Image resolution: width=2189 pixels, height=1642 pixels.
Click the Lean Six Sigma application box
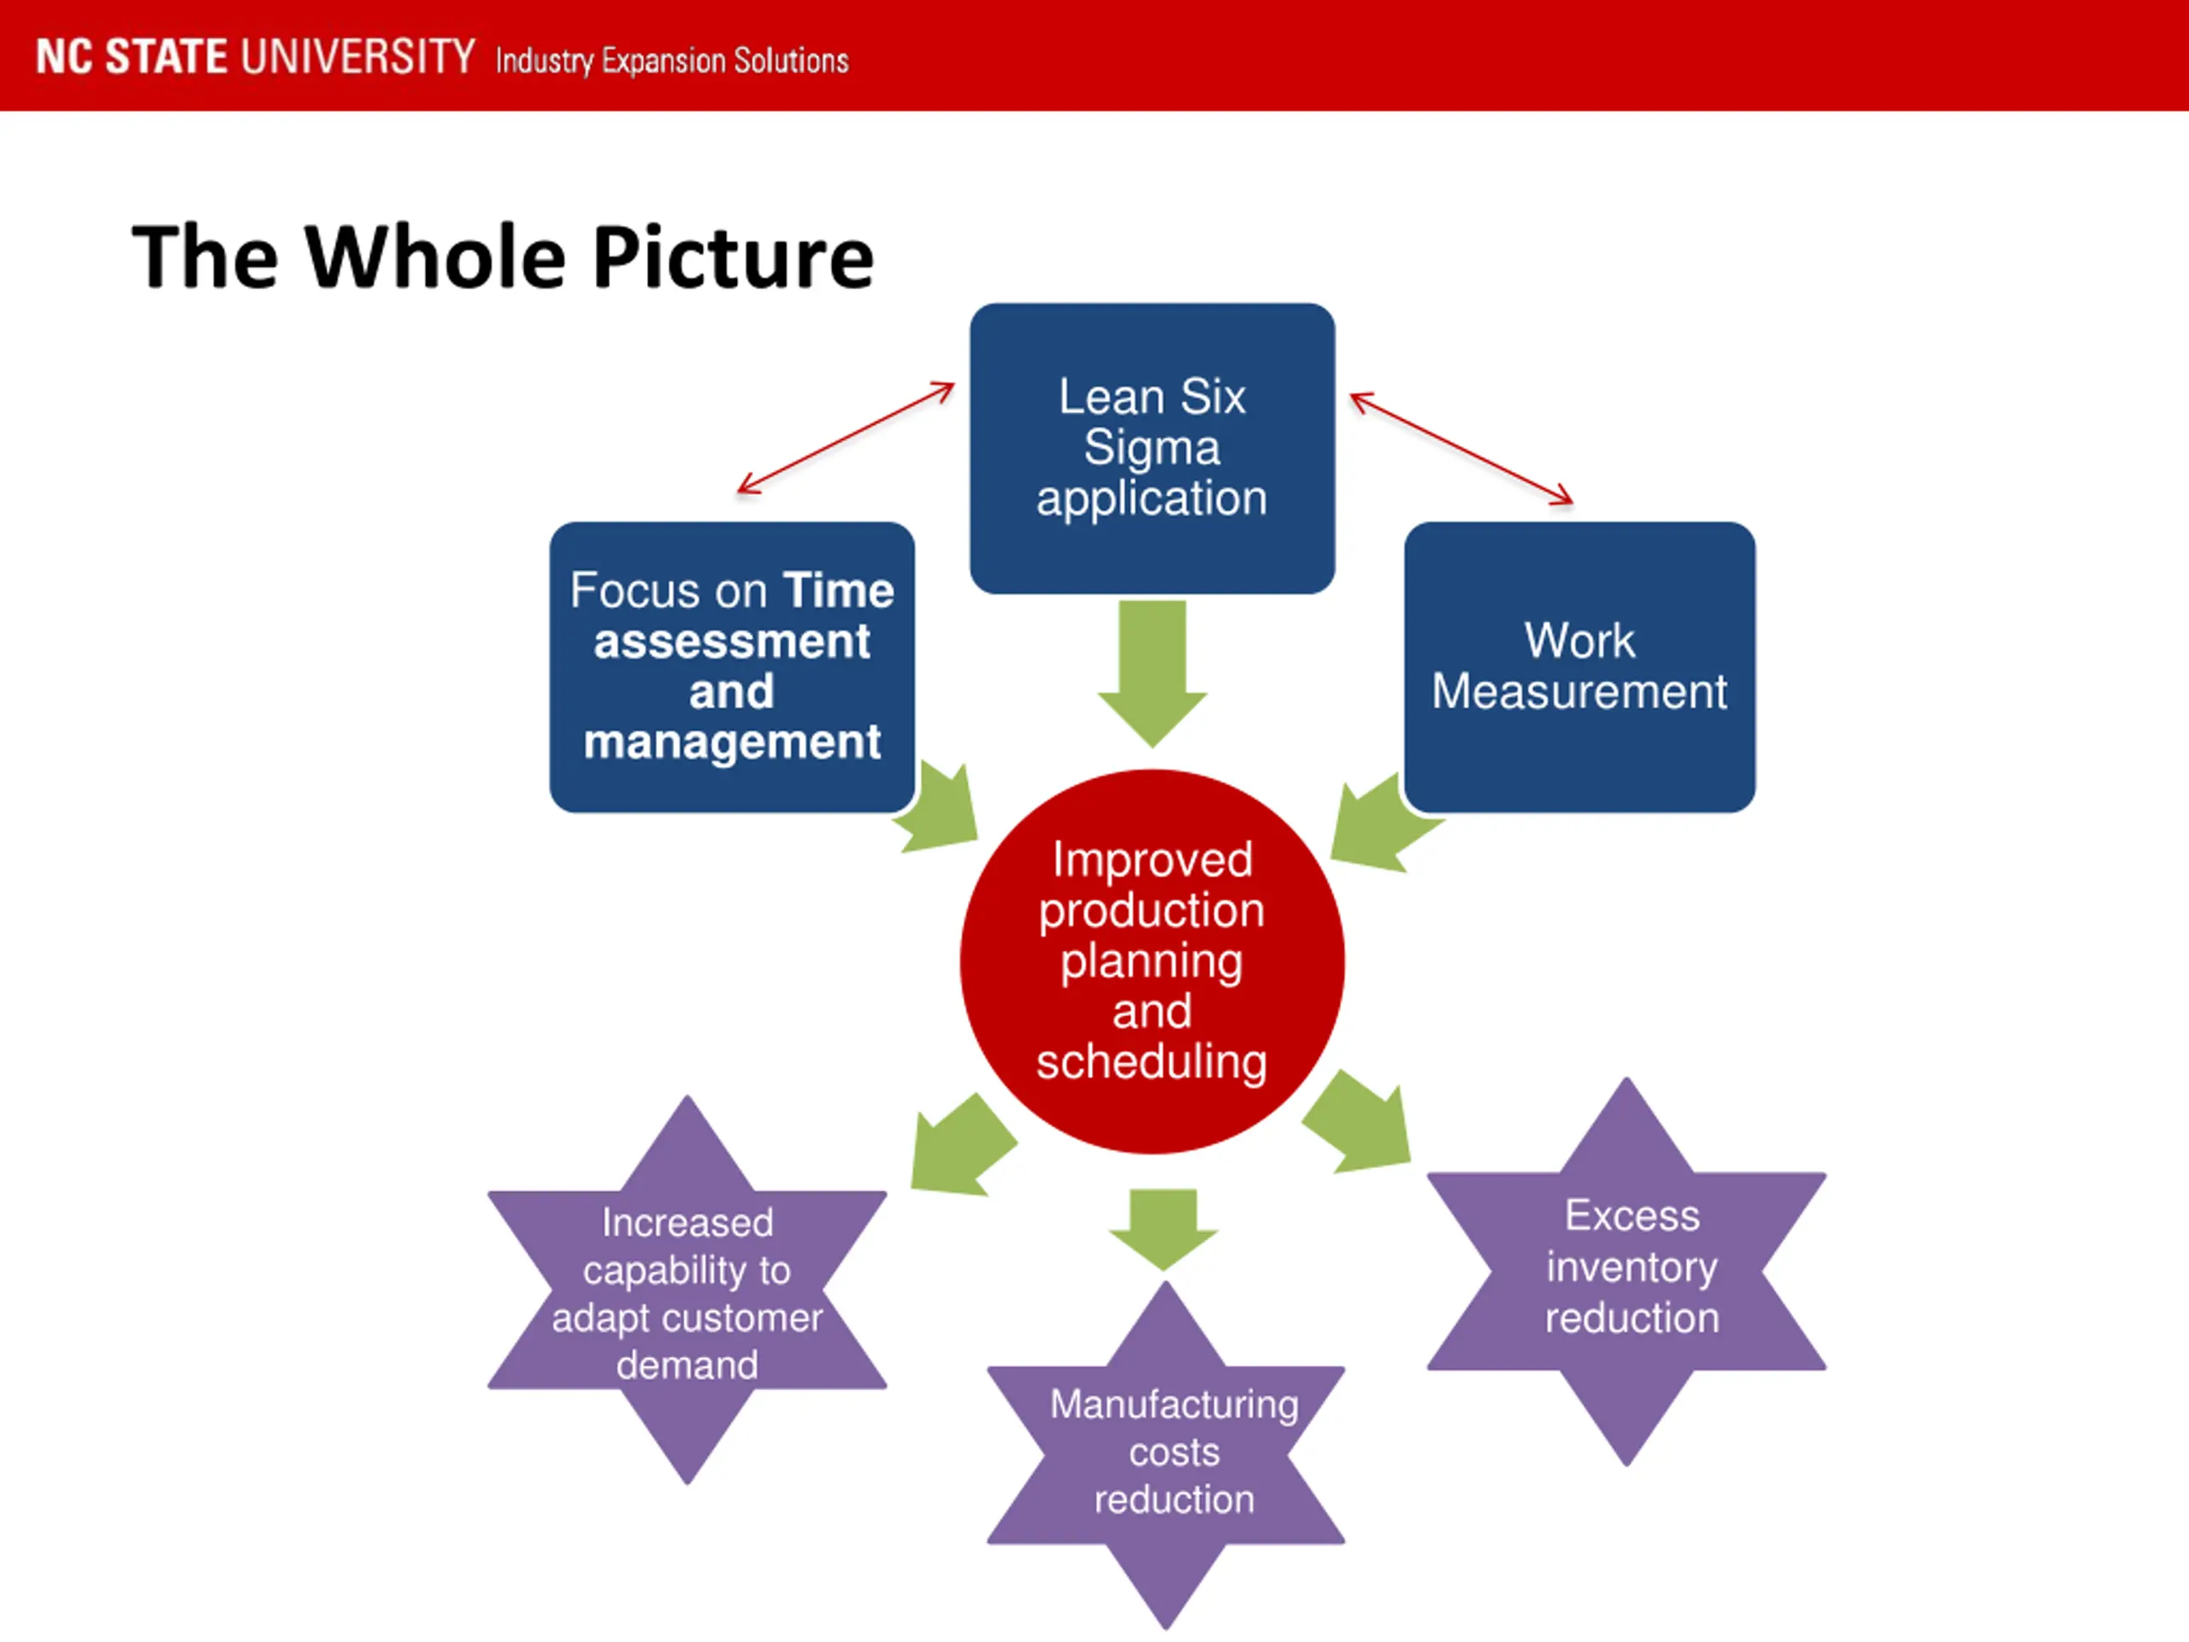(x=1152, y=447)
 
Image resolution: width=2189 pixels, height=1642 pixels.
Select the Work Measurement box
(x=1579, y=666)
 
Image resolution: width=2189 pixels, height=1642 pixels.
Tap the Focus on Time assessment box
(x=731, y=666)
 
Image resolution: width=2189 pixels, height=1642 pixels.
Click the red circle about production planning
(x=1152, y=960)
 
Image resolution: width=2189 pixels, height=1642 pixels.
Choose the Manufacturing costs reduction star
(x=1165, y=1453)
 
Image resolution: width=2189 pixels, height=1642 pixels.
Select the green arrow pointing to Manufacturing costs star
(x=1163, y=1227)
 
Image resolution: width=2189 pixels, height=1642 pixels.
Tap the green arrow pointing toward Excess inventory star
(x=1361, y=1125)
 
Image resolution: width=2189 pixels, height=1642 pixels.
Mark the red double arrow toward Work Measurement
(x=1460, y=448)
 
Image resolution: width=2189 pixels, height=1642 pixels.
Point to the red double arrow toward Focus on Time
(x=847, y=439)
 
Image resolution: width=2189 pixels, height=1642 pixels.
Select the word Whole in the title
(x=434, y=257)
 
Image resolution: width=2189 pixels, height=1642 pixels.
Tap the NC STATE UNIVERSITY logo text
(x=256, y=56)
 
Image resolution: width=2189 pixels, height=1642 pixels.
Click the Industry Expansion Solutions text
(x=672, y=62)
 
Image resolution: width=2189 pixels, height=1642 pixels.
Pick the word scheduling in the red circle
(x=1152, y=1062)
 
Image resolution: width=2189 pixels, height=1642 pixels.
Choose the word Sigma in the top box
(x=1152, y=447)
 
